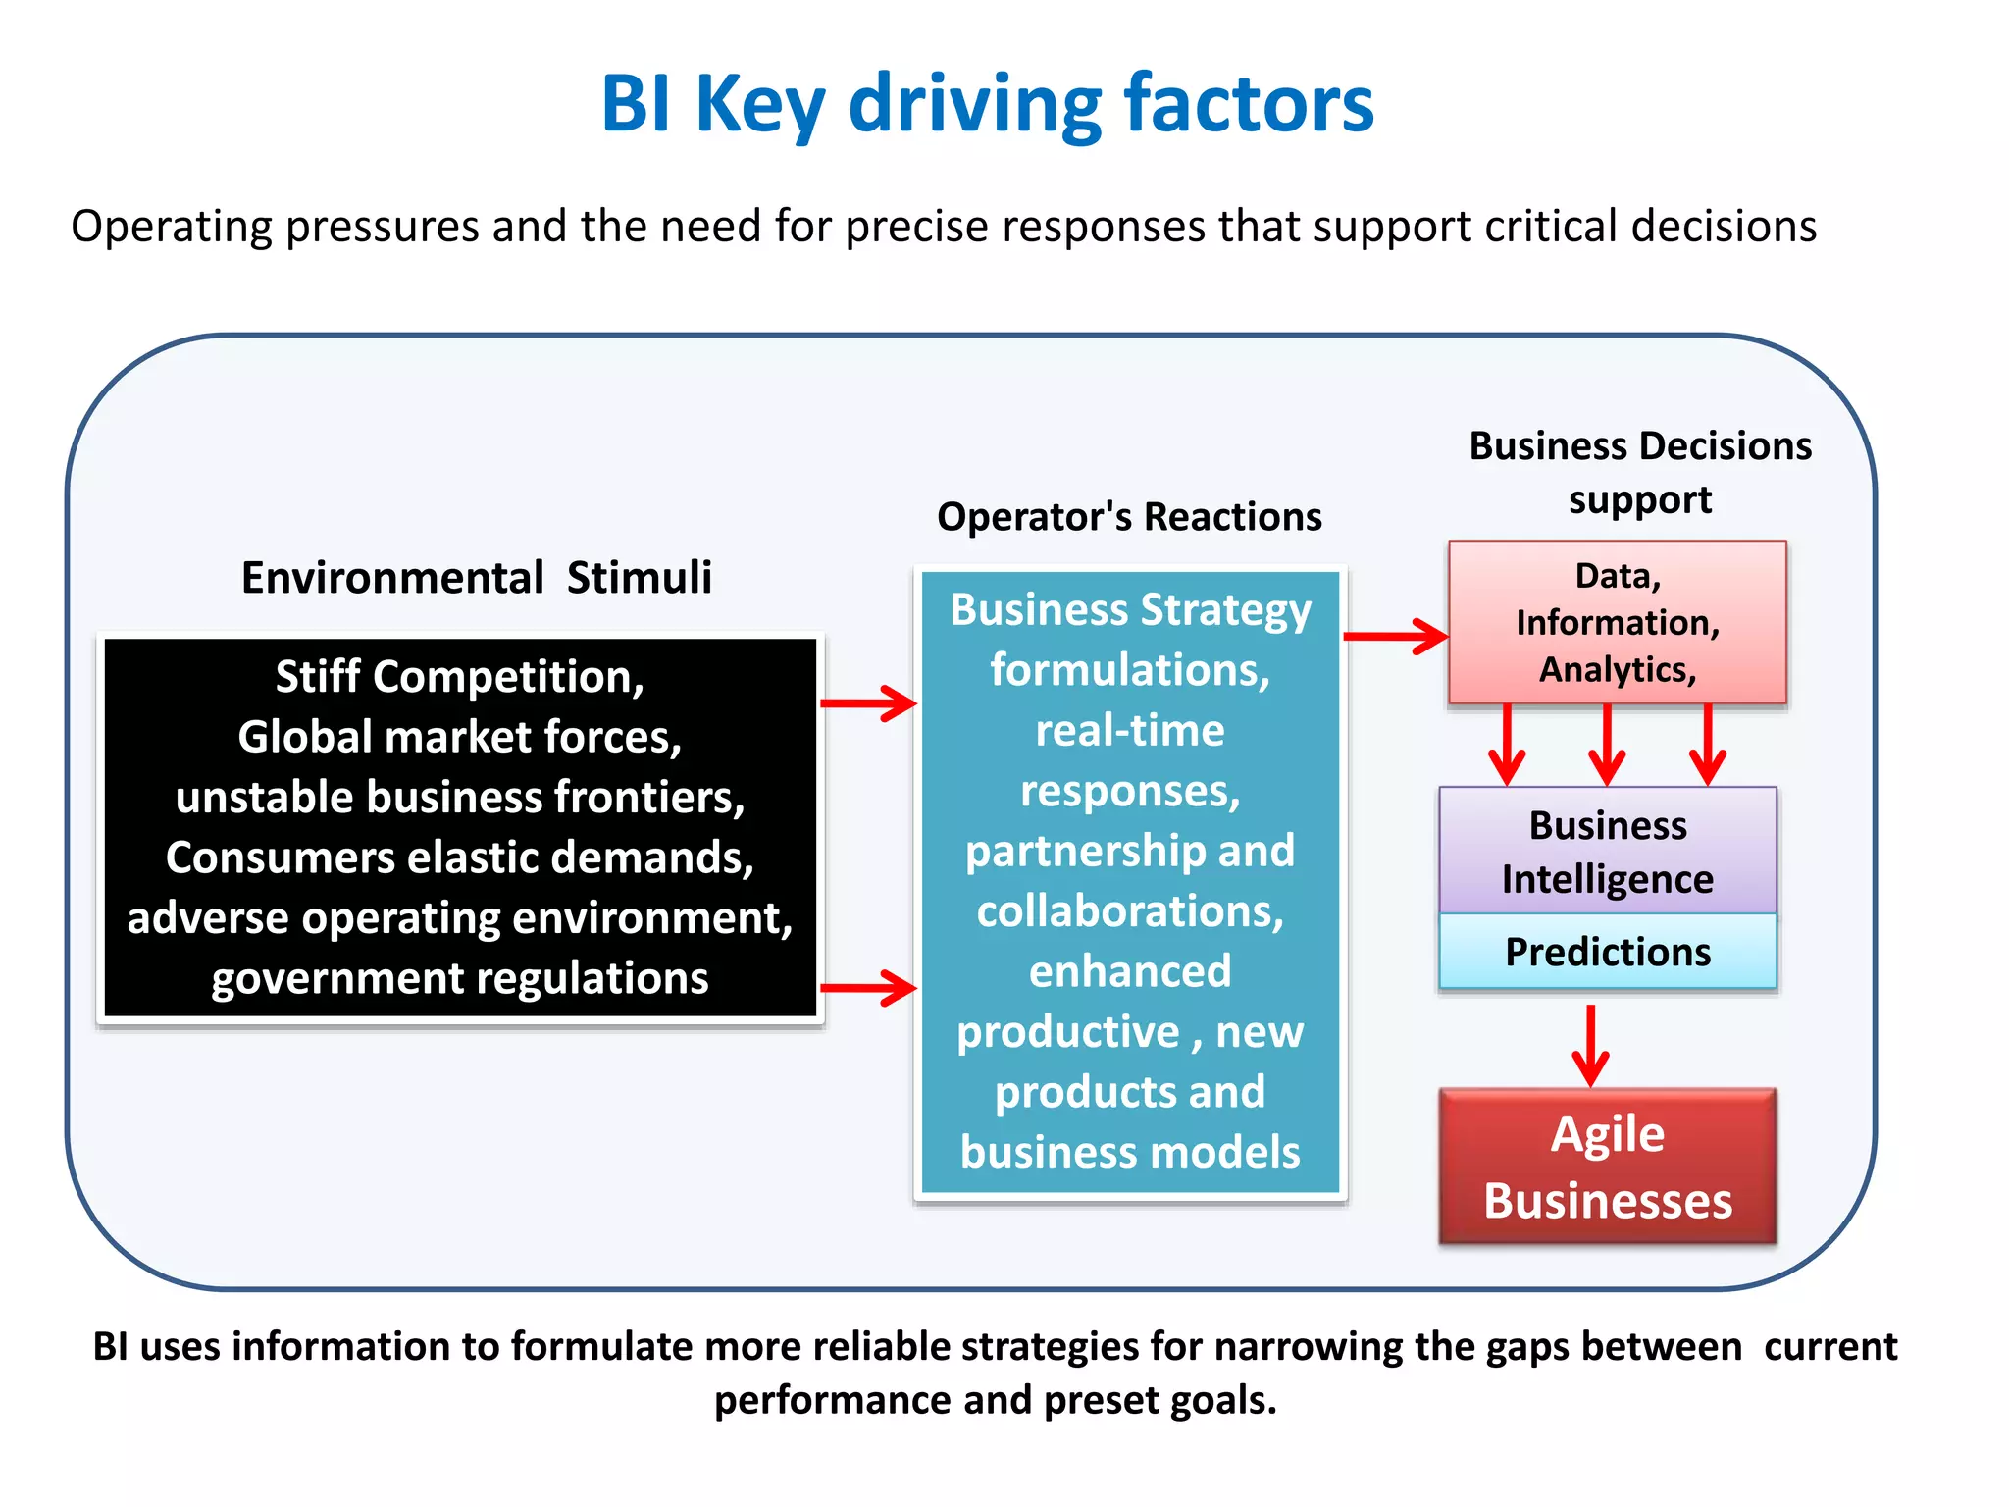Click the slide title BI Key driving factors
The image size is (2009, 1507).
tap(987, 104)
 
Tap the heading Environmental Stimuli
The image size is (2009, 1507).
tap(477, 577)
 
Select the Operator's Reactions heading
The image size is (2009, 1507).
tap(1129, 516)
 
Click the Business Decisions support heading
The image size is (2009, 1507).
tap(1639, 472)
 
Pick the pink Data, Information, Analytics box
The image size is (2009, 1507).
tap(1617, 622)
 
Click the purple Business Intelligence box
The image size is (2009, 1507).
tap(1607, 852)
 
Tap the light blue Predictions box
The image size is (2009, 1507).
tap(1607, 952)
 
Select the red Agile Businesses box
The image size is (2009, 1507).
tap(1607, 1167)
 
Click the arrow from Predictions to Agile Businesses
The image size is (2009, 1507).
tap(1590, 1045)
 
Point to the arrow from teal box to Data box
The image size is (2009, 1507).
tap(1395, 636)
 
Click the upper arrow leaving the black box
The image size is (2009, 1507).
tap(868, 702)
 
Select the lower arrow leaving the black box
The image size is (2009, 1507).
tap(868, 987)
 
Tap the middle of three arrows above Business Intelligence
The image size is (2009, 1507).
tap(1607, 746)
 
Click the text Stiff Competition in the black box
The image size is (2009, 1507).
tap(459, 677)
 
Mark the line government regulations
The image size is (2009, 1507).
tap(459, 978)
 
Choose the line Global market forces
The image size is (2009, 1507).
tap(459, 737)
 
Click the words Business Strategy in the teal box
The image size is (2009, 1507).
tap(1130, 609)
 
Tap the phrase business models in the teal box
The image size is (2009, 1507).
tap(1130, 1152)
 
